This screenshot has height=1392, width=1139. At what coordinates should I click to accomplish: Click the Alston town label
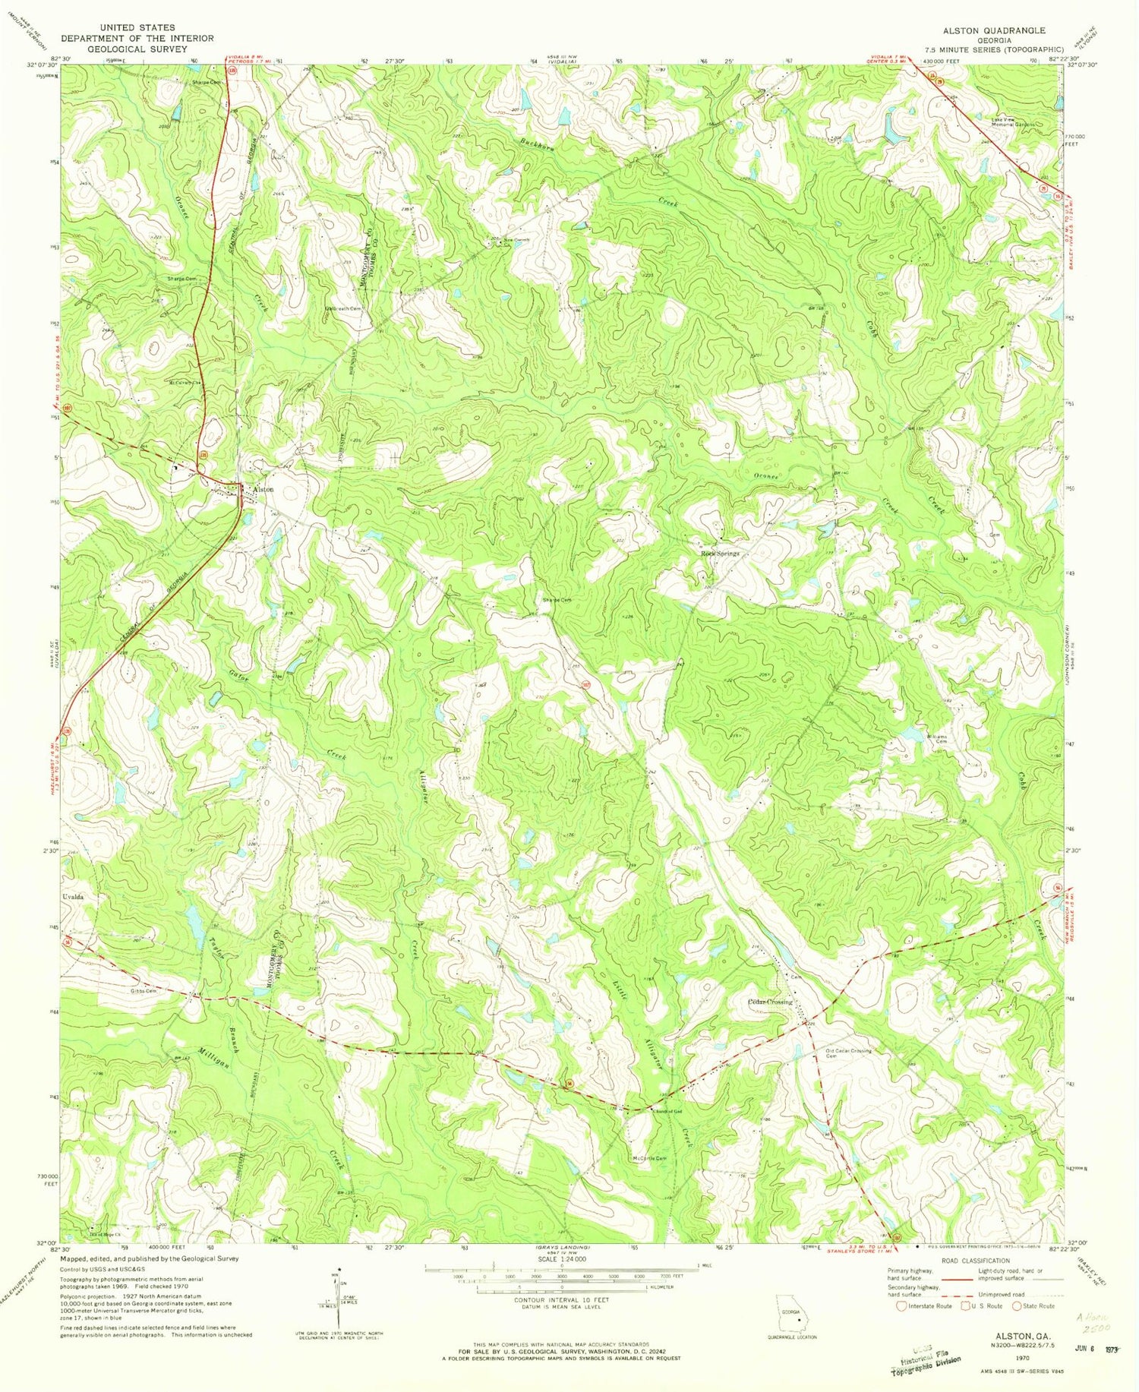tap(263, 490)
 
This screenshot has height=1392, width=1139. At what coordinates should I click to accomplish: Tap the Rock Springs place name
tap(719, 554)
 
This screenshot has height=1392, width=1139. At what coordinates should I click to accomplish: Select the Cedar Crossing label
tap(770, 1002)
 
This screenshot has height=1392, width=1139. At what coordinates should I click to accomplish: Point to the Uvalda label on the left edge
tap(73, 897)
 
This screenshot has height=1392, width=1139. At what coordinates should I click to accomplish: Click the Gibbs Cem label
tap(143, 991)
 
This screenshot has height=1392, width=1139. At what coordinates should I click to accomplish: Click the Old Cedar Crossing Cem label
tap(848, 1053)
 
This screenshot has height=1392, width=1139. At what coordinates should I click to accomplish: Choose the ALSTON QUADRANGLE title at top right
tap(993, 30)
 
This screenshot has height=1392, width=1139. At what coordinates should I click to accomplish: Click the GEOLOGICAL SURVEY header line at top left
tap(137, 49)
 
